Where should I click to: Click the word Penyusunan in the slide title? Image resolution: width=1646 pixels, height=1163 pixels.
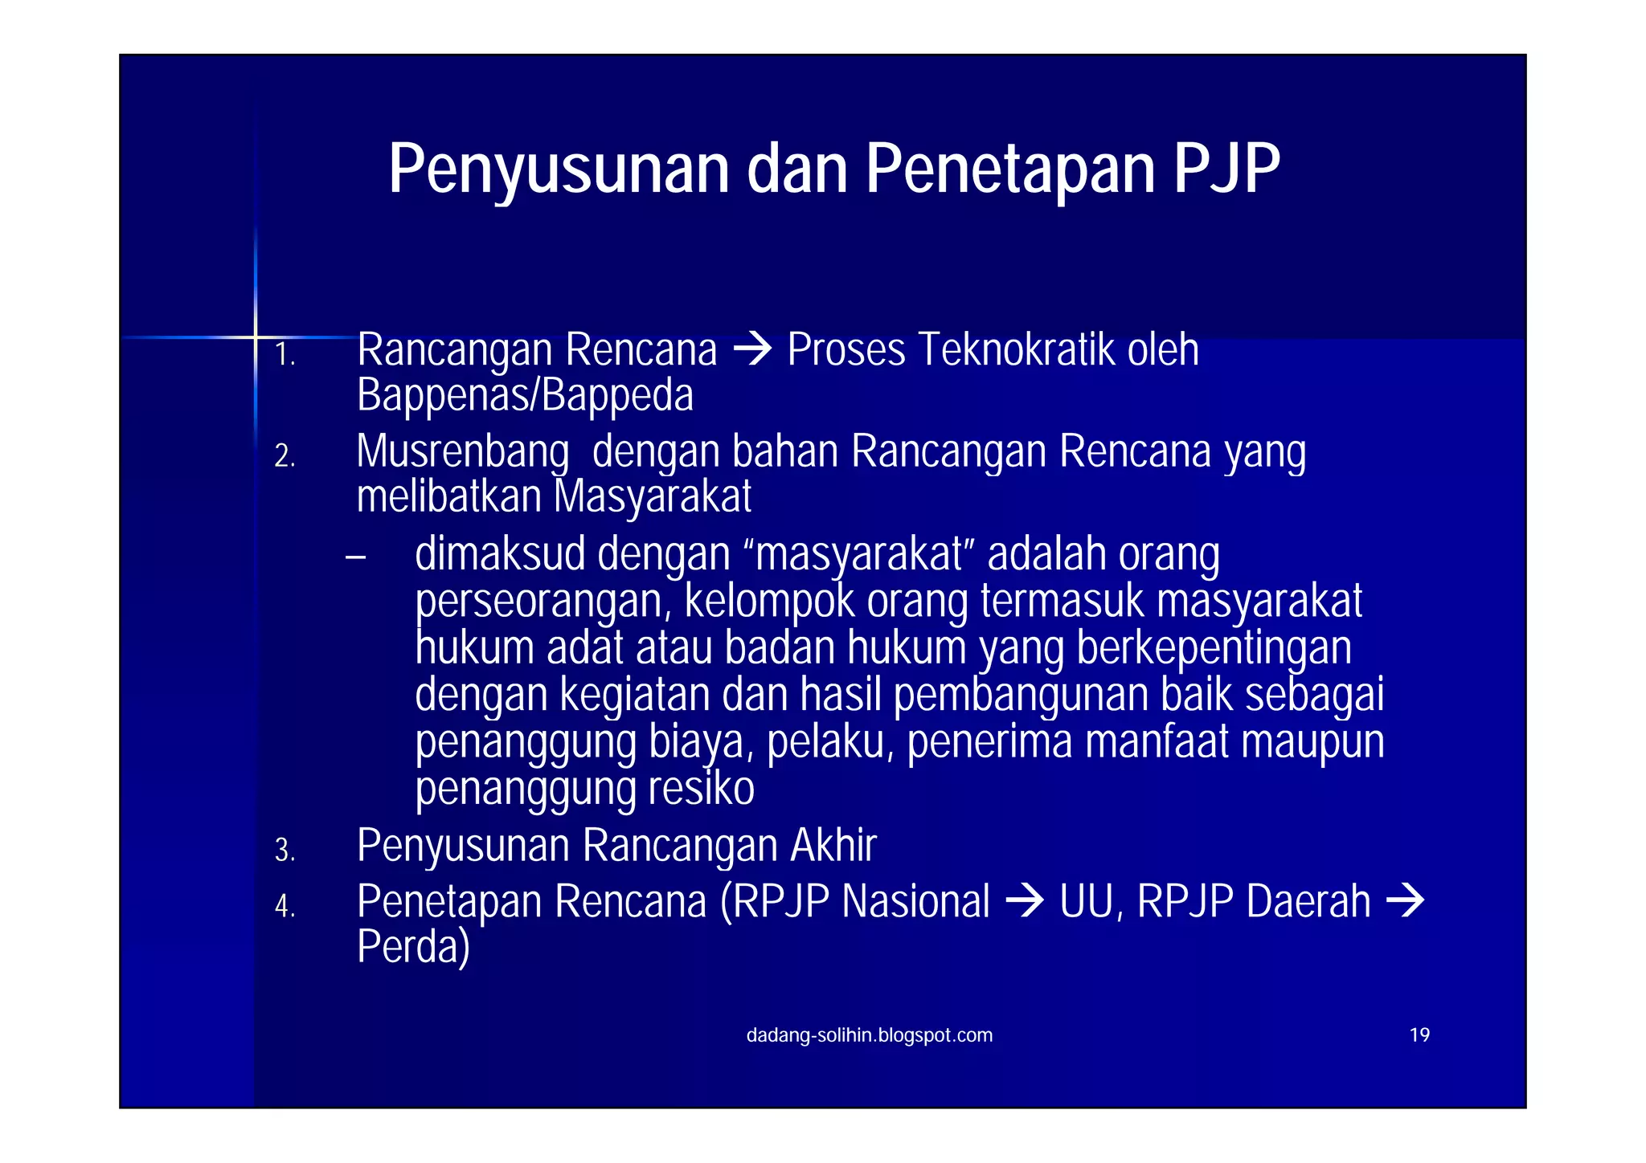click(559, 169)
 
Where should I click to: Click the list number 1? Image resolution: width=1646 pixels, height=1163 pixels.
click(285, 354)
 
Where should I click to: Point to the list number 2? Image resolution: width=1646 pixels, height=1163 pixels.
click(285, 456)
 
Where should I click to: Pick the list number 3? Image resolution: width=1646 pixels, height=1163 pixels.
click(285, 850)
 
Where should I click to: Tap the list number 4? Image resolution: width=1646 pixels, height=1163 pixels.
click(285, 906)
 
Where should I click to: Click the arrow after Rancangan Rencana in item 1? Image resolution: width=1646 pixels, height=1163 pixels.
click(752, 350)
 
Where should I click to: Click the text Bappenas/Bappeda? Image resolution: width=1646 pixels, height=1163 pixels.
click(525, 395)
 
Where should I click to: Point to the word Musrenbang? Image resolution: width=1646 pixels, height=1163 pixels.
click(462, 451)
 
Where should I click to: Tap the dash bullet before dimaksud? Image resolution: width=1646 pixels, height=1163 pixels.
click(355, 556)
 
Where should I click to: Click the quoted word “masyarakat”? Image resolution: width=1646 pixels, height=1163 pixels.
click(859, 554)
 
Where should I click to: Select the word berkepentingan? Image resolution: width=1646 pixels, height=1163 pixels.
click(1214, 648)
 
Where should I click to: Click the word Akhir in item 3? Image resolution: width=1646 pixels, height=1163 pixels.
click(833, 845)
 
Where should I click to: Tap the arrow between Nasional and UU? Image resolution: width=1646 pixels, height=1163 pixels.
click(1024, 901)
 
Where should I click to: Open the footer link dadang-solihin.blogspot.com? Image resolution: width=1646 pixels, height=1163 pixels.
click(869, 1035)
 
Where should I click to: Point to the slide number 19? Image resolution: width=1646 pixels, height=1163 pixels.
click(1419, 1035)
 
